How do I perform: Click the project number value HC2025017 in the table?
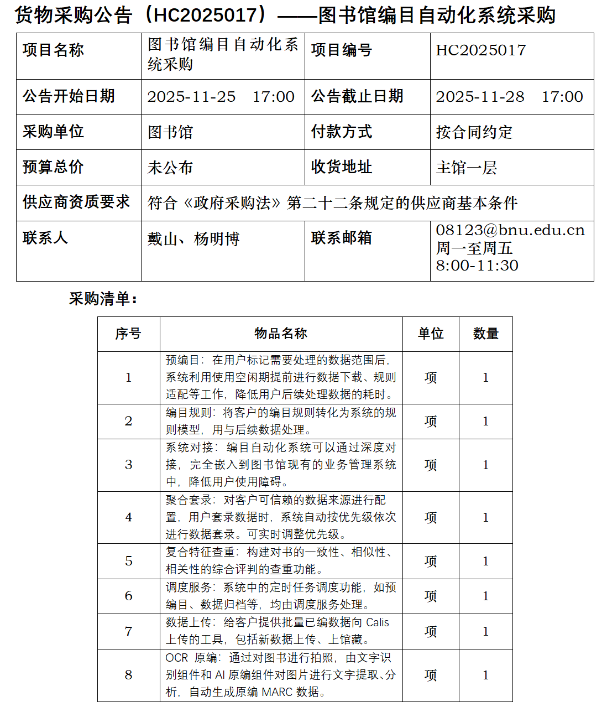coord(480,50)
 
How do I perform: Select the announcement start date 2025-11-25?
coord(191,97)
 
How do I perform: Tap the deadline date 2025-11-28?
coord(480,97)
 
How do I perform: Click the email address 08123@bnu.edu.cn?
coord(510,230)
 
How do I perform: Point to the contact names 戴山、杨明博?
coord(193,239)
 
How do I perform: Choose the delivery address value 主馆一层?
coord(466,168)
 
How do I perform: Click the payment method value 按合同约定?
coord(474,132)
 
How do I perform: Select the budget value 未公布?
coord(170,168)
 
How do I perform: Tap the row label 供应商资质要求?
coord(76,202)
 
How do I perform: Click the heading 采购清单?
coord(103,299)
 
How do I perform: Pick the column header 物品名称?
coord(281,334)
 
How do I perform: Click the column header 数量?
coord(485,334)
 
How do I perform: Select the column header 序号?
coord(128,334)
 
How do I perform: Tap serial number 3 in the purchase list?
coord(128,465)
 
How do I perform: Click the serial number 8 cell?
coord(128,675)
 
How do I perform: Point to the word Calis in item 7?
coord(378,622)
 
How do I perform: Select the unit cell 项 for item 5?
coord(430,561)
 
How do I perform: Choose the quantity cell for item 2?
coord(485,421)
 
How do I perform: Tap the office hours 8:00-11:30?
coord(477,266)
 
